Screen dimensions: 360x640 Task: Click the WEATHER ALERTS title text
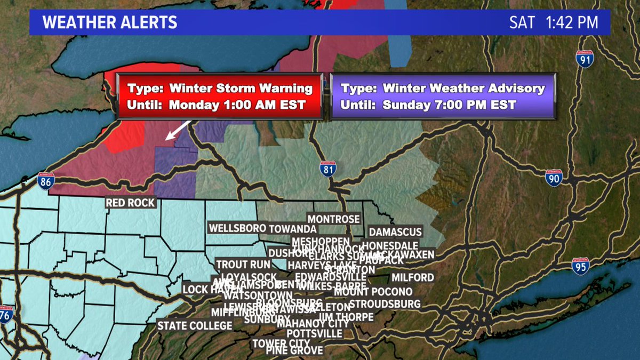(x=110, y=22)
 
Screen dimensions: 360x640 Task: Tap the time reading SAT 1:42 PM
(x=554, y=22)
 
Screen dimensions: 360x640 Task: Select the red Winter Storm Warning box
(x=219, y=96)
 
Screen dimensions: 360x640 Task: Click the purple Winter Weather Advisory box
(x=443, y=96)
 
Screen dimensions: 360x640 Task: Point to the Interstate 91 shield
(x=585, y=59)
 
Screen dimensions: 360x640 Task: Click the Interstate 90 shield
(x=554, y=178)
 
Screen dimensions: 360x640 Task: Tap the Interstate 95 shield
(x=581, y=266)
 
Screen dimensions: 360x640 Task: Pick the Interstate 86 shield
(x=46, y=182)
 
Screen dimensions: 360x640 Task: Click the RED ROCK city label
(x=131, y=203)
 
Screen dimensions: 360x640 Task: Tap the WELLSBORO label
(x=237, y=228)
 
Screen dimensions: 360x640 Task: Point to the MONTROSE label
(x=334, y=219)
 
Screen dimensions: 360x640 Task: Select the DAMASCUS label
(x=396, y=232)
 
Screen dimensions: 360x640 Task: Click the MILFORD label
(x=413, y=277)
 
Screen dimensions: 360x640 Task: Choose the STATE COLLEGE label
(x=195, y=325)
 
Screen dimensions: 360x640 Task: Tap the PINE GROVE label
(x=295, y=350)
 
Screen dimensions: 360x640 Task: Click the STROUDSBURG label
(x=385, y=304)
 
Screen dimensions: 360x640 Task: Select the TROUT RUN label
(x=240, y=265)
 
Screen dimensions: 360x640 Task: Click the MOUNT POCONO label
(x=373, y=292)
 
